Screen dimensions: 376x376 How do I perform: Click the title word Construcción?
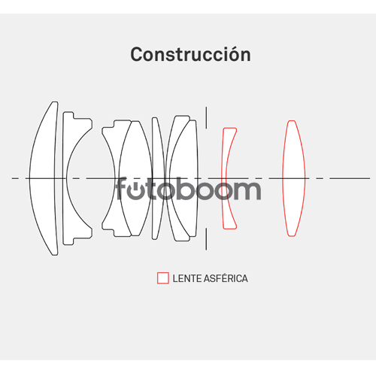pyautogui.click(x=190, y=54)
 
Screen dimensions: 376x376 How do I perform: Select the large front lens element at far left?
pyautogui.click(x=43, y=178)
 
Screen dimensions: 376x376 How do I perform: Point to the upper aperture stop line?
pyautogui.click(x=206, y=117)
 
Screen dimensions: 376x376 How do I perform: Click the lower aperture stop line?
pyautogui.click(x=206, y=239)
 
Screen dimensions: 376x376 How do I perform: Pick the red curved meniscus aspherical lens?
pyautogui.click(x=224, y=178)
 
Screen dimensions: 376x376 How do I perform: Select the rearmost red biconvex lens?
pyautogui.click(x=293, y=178)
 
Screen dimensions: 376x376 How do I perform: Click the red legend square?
pyautogui.click(x=163, y=278)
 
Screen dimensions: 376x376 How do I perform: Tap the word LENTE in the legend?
pyautogui.click(x=187, y=278)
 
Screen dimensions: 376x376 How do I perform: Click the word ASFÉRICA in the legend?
pyautogui.click(x=226, y=278)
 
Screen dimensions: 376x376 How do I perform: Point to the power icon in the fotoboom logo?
pyautogui.click(x=135, y=190)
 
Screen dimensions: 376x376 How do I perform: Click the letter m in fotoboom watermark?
pyautogui.click(x=247, y=190)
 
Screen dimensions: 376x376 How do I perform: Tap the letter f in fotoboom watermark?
pyautogui.click(x=121, y=188)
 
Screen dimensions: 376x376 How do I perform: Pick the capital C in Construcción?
pyautogui.click(x=136, y=54)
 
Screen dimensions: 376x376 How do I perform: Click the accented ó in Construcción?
pyautogui.click(x=235, y=54)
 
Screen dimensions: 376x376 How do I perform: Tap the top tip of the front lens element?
pyautogui.click(x=55, y=102)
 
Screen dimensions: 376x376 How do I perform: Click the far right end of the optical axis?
pyautogui.click(x=370, y=178)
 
